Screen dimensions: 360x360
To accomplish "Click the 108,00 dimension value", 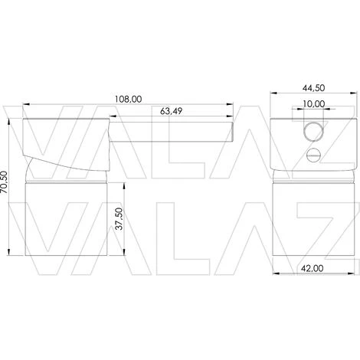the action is coord(128,99).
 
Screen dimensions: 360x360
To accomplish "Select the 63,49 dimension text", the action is coord(171,111).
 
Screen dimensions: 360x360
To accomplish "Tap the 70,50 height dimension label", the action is coord(4,182).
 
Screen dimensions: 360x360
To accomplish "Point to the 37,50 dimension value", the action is coord(119,218).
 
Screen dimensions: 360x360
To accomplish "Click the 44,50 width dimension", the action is coord(313,88).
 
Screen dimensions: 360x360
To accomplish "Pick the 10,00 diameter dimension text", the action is coord(314,104).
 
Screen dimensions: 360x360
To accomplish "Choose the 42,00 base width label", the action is coord(312,268).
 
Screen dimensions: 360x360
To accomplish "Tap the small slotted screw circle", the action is coord(313,155).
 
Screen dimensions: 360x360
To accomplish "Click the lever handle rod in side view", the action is coord(172,131).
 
